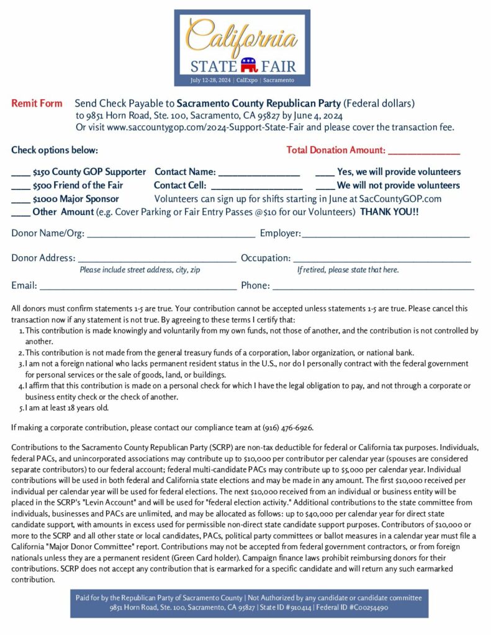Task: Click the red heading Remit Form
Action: pos(37,104)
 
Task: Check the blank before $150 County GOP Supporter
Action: pos(20,173)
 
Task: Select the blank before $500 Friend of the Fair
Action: pos(20,186)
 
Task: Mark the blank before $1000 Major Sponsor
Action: pos(20,200)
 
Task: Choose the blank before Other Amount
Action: pos(20,213)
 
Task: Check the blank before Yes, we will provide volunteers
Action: pos(325,173)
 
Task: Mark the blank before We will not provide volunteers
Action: pos(325,186)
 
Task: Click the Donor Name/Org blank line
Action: pos(171,235)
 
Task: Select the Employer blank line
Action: pos(385,235)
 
